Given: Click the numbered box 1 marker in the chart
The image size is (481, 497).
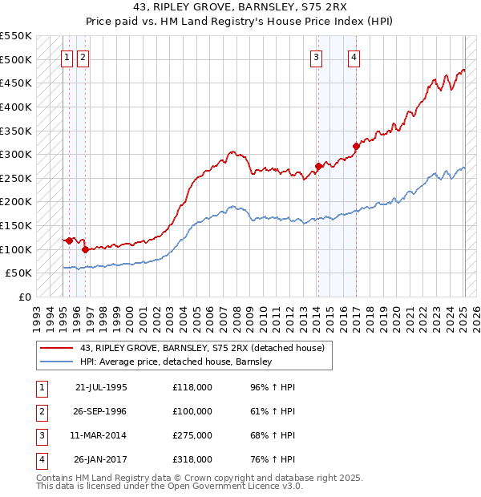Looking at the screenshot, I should [68, 57].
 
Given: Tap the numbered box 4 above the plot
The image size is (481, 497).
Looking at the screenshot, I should [354, 57].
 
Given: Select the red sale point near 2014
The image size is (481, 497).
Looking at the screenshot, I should [318, 166].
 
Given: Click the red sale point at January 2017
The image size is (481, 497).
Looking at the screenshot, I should [356, 146].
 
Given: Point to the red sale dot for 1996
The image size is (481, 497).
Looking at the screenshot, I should [85, 249].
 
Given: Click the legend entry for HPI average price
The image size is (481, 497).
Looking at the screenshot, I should [176, 362].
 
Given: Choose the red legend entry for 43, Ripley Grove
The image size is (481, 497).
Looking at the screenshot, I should [201, 348].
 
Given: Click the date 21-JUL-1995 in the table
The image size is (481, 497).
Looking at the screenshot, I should [101, 387].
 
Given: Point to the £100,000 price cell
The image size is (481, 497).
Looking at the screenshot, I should [192, 411].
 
